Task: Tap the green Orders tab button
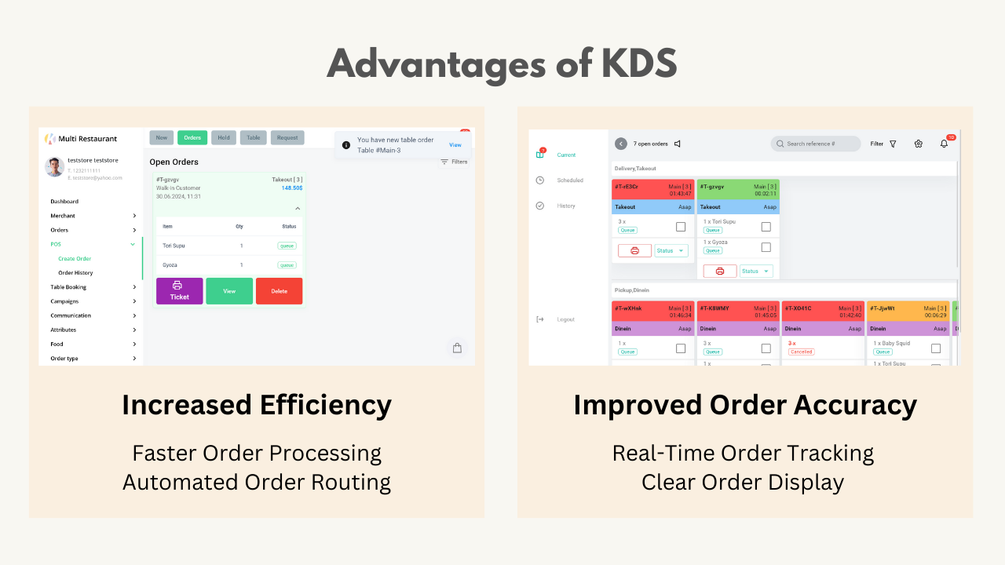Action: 192,137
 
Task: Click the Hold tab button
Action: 224,137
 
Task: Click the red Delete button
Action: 279,291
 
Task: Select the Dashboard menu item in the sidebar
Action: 64,202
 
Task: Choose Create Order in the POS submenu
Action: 75,258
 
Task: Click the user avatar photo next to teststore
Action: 54,166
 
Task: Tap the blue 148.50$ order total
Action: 292,188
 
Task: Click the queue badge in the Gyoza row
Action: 287,265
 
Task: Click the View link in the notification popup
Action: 455,145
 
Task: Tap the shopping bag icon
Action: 457,348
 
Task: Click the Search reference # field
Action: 816,144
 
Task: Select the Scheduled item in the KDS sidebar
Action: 570,180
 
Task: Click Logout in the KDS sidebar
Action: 565,319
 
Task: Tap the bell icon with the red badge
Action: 944,144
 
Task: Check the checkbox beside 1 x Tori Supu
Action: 766,227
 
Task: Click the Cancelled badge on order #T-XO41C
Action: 802,352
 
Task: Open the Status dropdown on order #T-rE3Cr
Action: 671,250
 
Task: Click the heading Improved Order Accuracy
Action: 745,405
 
